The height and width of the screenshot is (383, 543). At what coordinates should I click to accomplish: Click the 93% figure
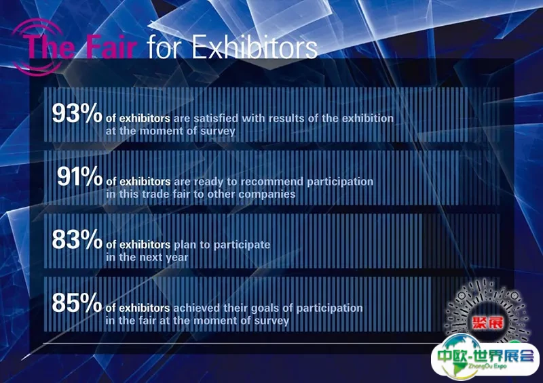(77, 113)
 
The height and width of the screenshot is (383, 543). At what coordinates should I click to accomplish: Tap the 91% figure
(79, 176)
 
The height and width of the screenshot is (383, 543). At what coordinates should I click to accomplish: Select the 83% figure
(77, 239)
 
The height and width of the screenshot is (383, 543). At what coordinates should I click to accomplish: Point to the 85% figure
(77, 302)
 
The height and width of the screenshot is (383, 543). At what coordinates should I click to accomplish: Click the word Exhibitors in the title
(255, 47)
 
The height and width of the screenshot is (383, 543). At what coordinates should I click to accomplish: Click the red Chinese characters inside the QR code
(487, 323)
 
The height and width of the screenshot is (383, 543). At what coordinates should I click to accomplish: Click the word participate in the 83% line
(242, 245)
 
